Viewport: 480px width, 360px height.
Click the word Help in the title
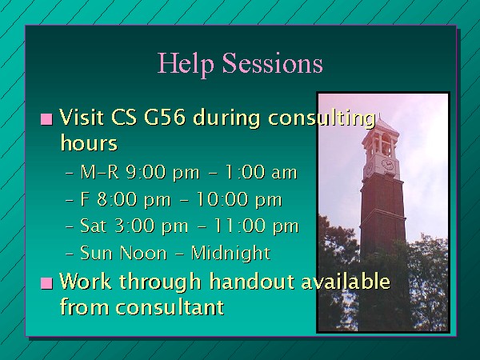point(186,64)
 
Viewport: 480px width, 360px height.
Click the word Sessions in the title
point(273,62)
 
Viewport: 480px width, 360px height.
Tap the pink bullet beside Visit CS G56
point(46,119)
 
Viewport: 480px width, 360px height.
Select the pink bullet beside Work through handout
point(46,283)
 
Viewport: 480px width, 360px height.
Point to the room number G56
point(165,117)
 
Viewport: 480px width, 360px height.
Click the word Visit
point(81,117)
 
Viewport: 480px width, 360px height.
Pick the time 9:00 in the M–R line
point(146,172)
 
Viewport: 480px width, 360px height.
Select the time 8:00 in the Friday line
point(117,199)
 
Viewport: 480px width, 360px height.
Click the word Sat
point(94,226)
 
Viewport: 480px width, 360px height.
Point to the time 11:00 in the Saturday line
point(239,226)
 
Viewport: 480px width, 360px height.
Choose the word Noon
point(143,253)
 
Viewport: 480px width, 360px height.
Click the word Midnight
point(230,253)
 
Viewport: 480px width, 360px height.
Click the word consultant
point(170,307)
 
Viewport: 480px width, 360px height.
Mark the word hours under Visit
point(89,142)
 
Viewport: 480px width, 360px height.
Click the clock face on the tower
point(387,164)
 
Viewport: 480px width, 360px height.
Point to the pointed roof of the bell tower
point(381,126)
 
